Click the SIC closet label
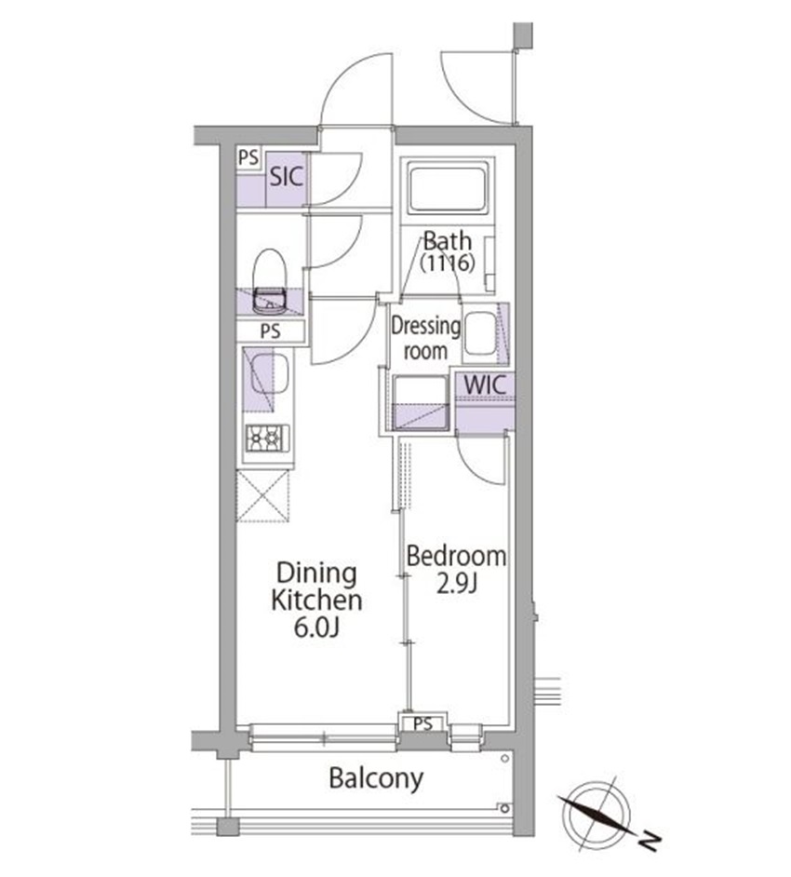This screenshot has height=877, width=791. pyautogui.click(x=287, y=177)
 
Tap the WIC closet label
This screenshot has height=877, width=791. pyautogui.click(x=485, y=385)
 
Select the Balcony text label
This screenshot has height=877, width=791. pyautogui.click(x=376, y=778)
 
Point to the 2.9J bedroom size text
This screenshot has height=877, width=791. pyautogui.click(x=456, y=584)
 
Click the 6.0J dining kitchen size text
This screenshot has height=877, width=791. pyautogui.click(x=316, y=628)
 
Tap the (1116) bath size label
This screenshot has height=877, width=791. pyautogui.click(x=448, y=262)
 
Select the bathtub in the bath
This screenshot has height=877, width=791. pyautogui.click(x=448, y=187)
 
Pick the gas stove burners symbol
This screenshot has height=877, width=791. pyautogui.click(x=268, y=438)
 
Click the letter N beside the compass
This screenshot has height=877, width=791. pyautogui.click(x=650, y=840)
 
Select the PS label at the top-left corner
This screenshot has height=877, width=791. pyautogui.click(x=248, y=157)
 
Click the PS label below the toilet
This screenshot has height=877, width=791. pyautogui.click(x=270, y=331)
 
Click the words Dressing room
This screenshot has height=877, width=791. pyautogui.click(x=425, y=338)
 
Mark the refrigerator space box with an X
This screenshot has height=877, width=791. pyautogui.click(x=262, y=496)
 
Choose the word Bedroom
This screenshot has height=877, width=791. pyautogui.click(x=456, y=556)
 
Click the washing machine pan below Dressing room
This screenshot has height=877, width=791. pyautogui.click(x=421, y=403)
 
